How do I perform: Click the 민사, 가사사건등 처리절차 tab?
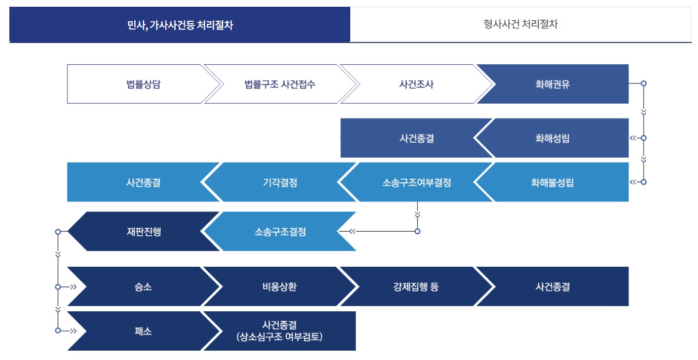click(180, 25)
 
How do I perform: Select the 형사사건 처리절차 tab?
click(520, 24)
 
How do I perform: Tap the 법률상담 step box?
click(139, 84)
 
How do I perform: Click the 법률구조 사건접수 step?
click(280, 84)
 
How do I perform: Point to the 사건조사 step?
click(412, 84)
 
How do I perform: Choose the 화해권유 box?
click(552, 84)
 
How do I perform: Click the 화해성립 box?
click(552, 138)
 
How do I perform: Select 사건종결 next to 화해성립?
click(417, 138)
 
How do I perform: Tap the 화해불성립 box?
click(552, 182)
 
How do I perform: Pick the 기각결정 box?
click(280, 182)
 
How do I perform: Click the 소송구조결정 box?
click(280, 232)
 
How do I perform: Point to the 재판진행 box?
click(143, 232)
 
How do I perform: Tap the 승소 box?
click(143, 286)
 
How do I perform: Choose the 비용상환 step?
click(280, 286)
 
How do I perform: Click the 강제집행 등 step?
click(416, 286)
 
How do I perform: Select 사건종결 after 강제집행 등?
click(552, 286)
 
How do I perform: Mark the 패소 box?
click(143, 331)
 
